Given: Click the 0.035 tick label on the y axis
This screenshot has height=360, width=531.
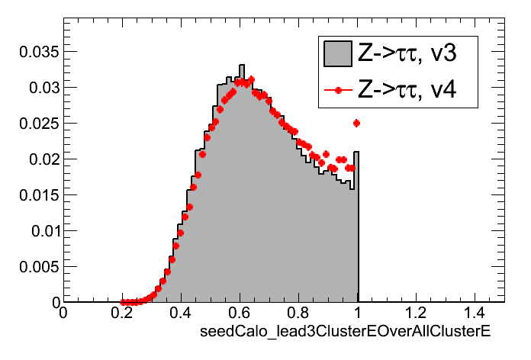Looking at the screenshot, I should pos(33,52).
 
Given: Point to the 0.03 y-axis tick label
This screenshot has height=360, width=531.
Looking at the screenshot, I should pos(37,88).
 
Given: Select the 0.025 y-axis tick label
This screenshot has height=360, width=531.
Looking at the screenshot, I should pos(33,124).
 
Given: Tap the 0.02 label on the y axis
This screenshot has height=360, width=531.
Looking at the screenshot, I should pos(37,159).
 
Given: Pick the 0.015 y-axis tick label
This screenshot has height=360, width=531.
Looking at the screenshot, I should pos(33,195).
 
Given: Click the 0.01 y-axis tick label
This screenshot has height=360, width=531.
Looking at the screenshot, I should pos(37,231).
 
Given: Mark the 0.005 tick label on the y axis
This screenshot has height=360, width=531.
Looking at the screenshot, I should pos(33,267).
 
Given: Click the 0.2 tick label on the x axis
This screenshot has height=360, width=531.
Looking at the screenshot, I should pos(122,314).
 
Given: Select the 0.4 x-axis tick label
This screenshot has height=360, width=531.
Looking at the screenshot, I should pos(181,314).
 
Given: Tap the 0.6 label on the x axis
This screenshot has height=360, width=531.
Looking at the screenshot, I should pos(240,314).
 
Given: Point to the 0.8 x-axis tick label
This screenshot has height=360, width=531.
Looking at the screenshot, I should pos(298,314).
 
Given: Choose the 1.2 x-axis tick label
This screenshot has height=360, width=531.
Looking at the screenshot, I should pos(416,314).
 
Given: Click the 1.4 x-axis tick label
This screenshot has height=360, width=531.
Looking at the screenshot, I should pos(475,314).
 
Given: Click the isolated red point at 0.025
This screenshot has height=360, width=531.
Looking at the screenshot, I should pos(356,123).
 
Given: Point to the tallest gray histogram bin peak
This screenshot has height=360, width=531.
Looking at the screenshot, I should pos(240,66).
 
